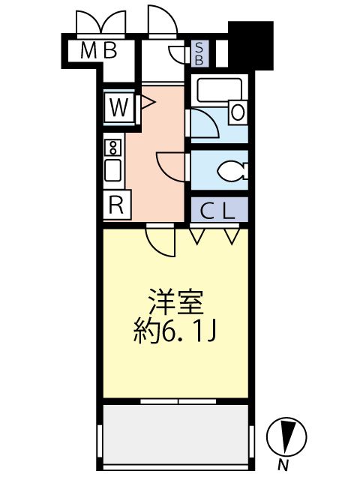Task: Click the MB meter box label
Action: pyautogui.click(x=99, y=51)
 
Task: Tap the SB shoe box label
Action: pyautogui.click(x=199, y=52)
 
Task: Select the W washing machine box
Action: pyautogui.click(x=118, y=106)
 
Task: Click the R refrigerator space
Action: pyautogui.click(x=116, y=203)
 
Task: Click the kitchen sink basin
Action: pyautogui.click(x=114, y=170)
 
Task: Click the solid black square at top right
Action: pyautogui.click(x=250, y=45)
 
